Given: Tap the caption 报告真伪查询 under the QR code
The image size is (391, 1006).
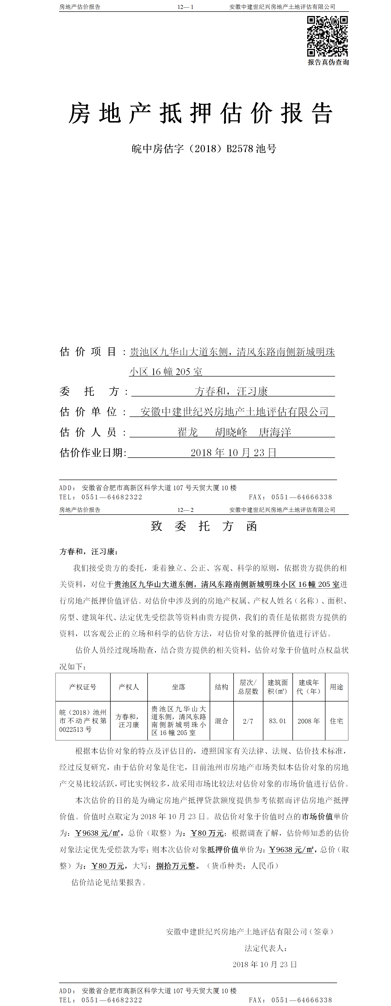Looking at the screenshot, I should [328, 62].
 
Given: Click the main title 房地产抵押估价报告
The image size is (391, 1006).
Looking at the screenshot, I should [201, 114].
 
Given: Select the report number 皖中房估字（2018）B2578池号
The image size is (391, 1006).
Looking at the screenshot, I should [204, 149].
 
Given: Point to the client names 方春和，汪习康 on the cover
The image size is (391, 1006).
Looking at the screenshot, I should [231, 391].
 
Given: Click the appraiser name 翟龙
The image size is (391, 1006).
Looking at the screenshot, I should [188, 432].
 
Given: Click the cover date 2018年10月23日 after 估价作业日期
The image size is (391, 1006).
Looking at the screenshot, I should [233, 453].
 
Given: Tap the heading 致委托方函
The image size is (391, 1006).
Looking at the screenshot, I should [204, 526].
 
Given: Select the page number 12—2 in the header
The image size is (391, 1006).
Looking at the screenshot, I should [185, 510].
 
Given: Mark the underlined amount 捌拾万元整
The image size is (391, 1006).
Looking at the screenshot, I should [176, 866].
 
